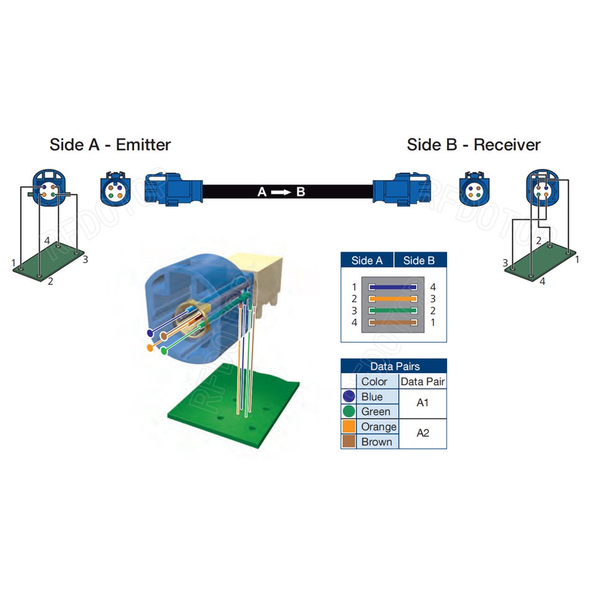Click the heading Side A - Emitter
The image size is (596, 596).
[x=110, y=145]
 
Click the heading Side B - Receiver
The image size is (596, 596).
[x=474, y=145]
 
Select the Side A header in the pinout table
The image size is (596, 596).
[x=367, y=260]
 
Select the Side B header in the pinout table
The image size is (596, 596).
[x=419, y=260]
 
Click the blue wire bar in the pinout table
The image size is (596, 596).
[x=392, y=287]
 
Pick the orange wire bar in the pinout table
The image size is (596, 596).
[x=392, y=299]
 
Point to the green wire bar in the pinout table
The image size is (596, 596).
[x=392, y=311]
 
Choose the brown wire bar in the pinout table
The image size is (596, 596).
[x=392, y=323]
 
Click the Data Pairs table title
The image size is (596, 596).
[x=393, y=366]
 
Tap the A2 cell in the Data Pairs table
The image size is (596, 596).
[x=422, y=433]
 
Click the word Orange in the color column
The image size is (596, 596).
[x=378, y=427]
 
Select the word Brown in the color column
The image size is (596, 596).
[x=376, y=441]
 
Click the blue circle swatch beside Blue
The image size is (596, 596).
[x=349, y=397]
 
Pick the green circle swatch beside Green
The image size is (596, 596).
[x=349, y=412]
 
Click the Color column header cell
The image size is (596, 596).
[x=374, y=382]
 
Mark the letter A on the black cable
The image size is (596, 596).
[x=263, y=192]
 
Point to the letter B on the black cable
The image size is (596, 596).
[x=300, y=192]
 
